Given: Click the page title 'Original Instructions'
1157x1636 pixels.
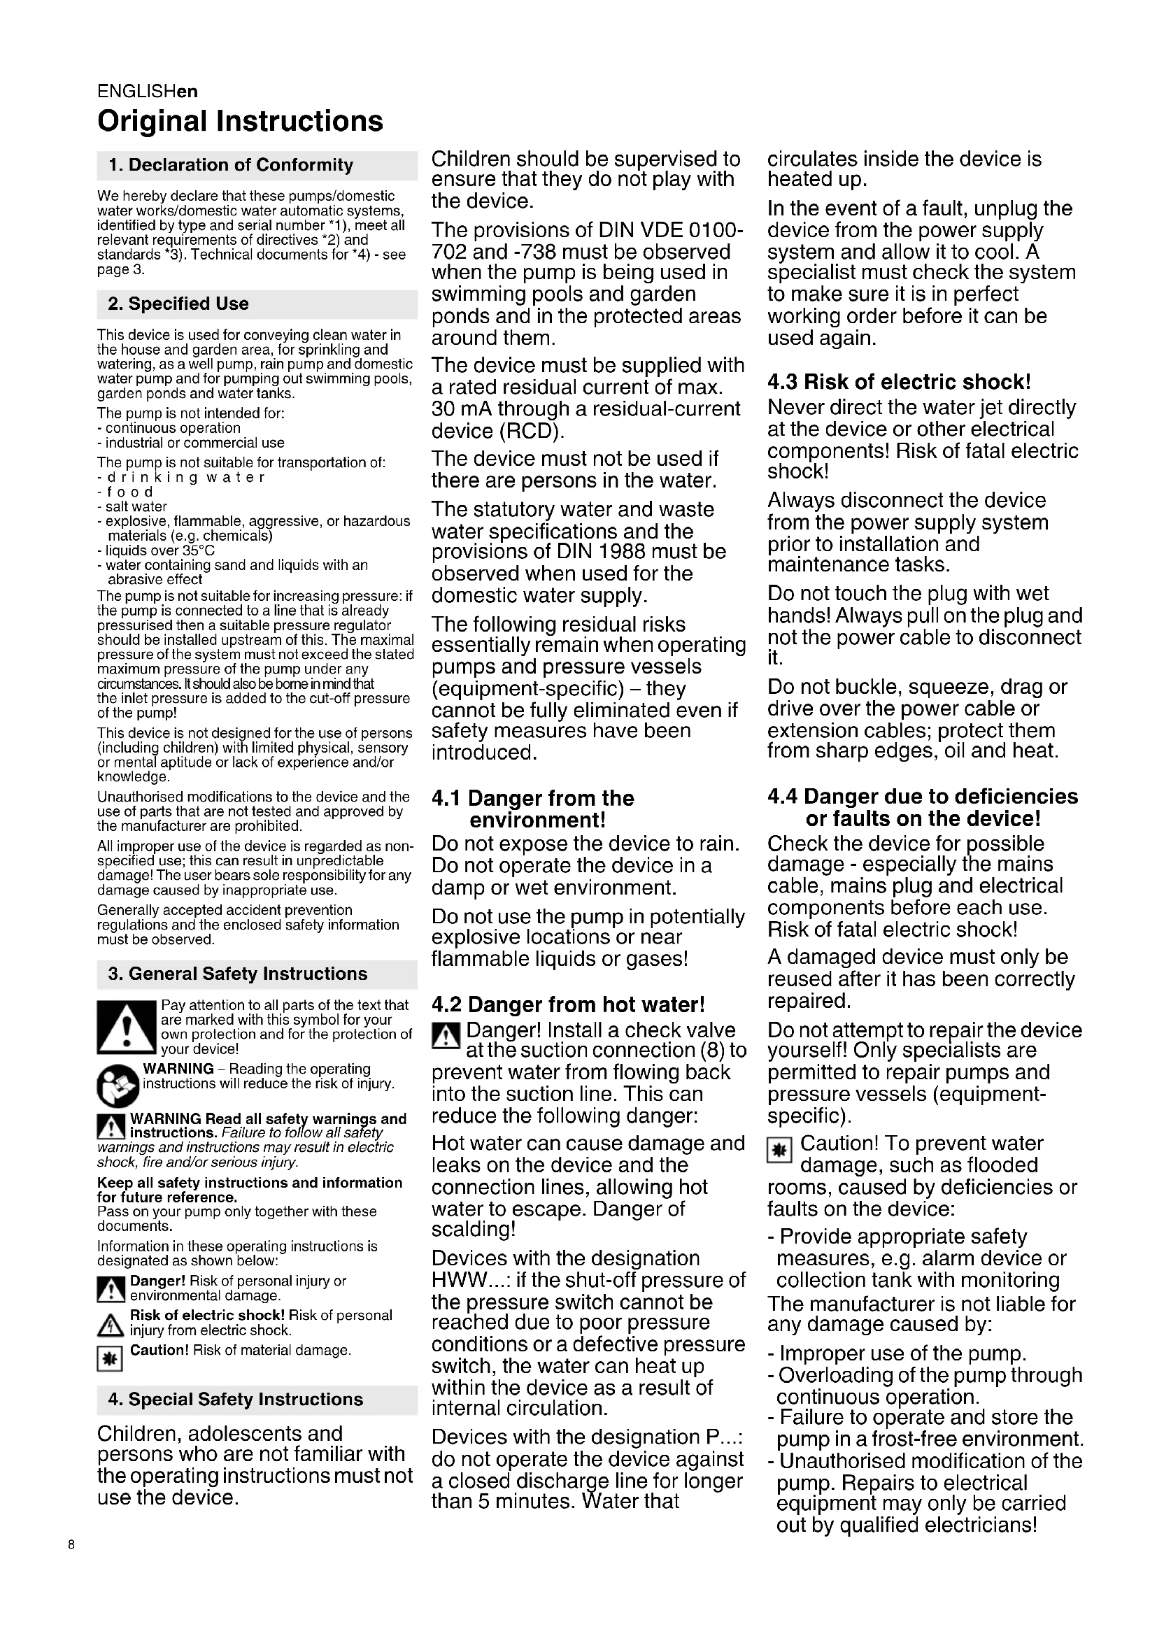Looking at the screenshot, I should point(240,121).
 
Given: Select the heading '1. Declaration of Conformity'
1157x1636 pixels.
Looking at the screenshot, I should point(231,165).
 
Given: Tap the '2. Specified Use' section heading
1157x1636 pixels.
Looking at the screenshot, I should point(178,304).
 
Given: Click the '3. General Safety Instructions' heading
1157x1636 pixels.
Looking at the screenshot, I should point(237,974).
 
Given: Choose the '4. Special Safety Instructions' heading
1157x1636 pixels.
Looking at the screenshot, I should point(235,1400).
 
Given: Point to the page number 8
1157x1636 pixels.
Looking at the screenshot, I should point(71,1545).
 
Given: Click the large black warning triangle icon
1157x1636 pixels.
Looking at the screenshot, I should point(126,1027).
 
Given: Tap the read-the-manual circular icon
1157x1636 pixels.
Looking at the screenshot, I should point(117,1086).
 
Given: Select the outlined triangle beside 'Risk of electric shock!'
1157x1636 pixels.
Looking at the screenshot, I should point(110,1325).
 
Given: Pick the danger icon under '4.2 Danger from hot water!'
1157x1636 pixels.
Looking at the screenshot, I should point(445,1034).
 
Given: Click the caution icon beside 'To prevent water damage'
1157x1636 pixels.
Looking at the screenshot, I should point(779,1149).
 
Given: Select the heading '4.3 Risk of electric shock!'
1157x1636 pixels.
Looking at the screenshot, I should point(899,382).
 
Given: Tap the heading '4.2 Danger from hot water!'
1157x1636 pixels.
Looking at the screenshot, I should point(568,1004).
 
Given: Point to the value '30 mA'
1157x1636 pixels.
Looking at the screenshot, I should point(461,409).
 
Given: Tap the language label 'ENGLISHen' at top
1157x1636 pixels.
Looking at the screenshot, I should point(148,91).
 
